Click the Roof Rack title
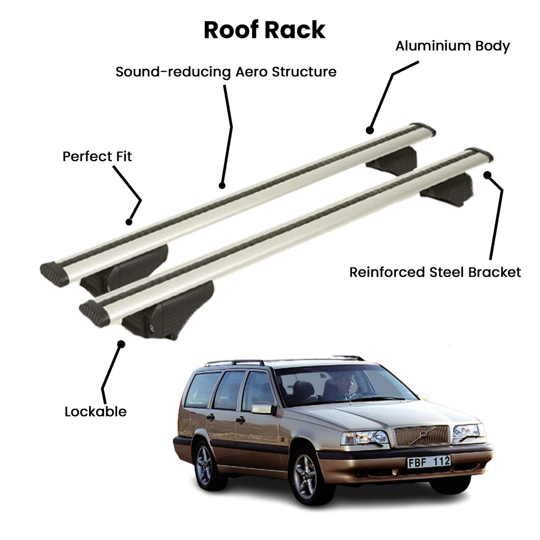[x=265, y=30]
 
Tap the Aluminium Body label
[x=452, y=46]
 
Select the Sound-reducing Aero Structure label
[x=226, y=72]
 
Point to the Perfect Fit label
[x=97, y=156]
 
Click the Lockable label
[x=95, y=412]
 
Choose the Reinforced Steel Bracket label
[x=435, y=272]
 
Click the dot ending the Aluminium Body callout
[x=370, y=130]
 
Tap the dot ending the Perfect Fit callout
[x=129, y=222]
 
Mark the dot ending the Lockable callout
[x=121, y=344]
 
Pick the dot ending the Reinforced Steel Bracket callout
[x=487, y=175]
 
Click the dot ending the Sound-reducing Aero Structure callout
[x=222, y=185]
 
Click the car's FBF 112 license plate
[x=429, y=462]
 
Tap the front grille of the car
[x=422, y=435]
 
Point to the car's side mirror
[x=263, y=408]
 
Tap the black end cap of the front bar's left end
[x=94, y=313]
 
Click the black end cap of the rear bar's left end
[x=54, y=274]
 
